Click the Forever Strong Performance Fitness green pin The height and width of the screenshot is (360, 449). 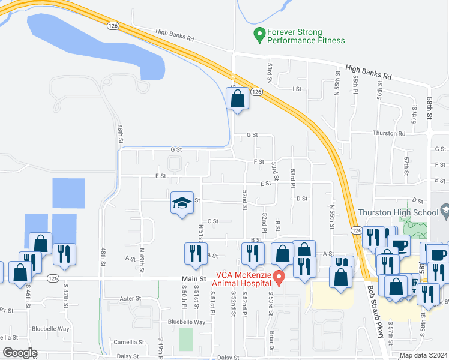click(x=259, y=35)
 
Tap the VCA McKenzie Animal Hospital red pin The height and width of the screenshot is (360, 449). click(x=279, y=277)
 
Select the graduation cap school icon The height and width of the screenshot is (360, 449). click(x=181, y=203)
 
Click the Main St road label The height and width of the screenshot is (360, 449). click(x=194, y=279)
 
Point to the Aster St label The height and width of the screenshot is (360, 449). click(x=130, y=298)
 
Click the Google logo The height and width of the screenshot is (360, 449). click(x=19, y=353)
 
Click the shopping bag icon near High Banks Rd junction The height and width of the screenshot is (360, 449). click(x=237, y=98)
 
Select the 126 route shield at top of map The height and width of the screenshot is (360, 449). click(x=112, y=26)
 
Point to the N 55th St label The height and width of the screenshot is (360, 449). click(x=331, y=214)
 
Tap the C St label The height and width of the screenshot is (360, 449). click(x=212, y=221)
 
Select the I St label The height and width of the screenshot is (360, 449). click(x=296, y=89)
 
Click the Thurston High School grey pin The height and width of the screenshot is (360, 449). click(x=445, y=211)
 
